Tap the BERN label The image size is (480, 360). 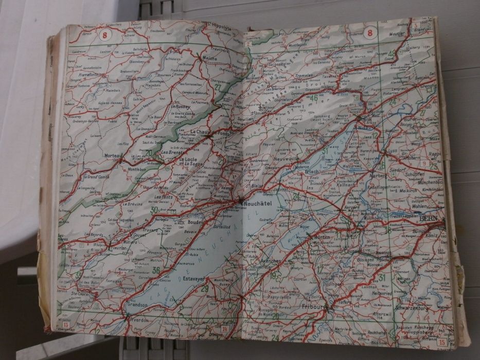[429, 219]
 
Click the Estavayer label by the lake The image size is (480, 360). [195, 278]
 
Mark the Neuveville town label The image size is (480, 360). [287, 160]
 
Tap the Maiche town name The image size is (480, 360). [210, 59]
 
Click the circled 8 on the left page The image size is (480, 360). [106, 35]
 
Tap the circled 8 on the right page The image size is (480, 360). [369, 33]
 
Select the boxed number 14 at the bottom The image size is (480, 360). [224, 329]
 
